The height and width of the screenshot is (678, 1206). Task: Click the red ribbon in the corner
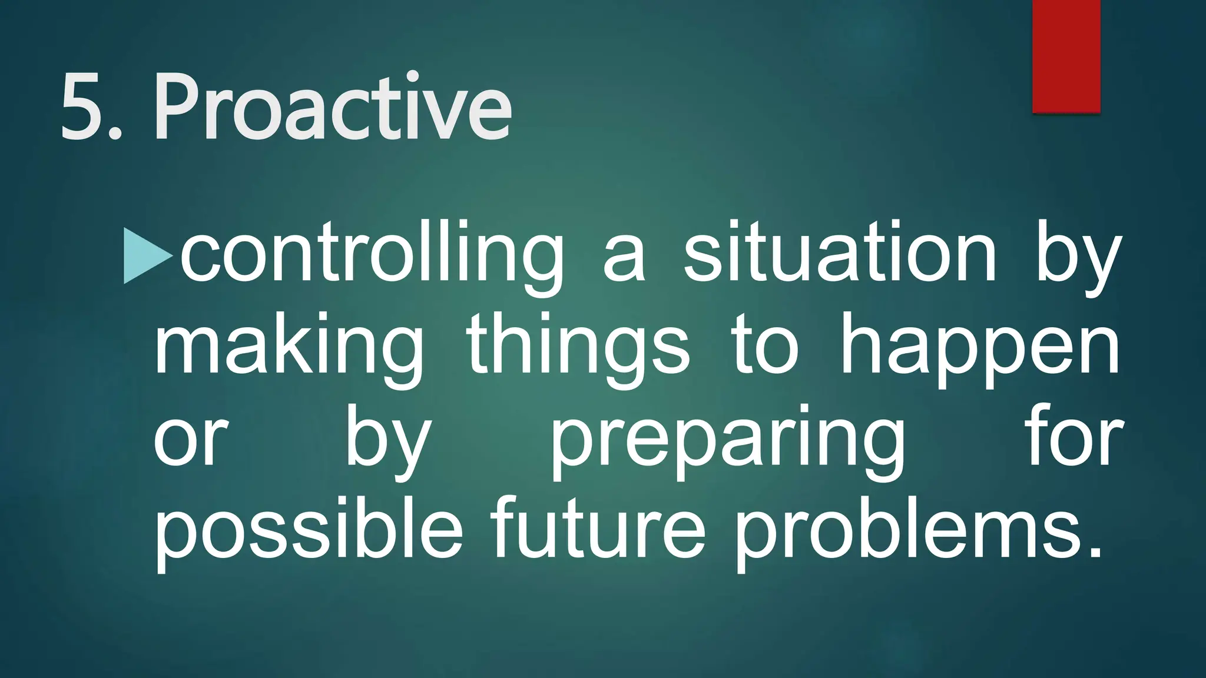click(x=1066, y=56)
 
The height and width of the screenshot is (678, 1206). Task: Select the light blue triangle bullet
click(x=147, y=257)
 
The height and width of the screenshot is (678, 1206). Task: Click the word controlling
click(x=372, y=257)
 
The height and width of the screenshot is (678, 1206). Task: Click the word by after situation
click(x=1077, y=257)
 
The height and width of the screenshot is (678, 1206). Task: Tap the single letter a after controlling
click(x=624, y=262)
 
